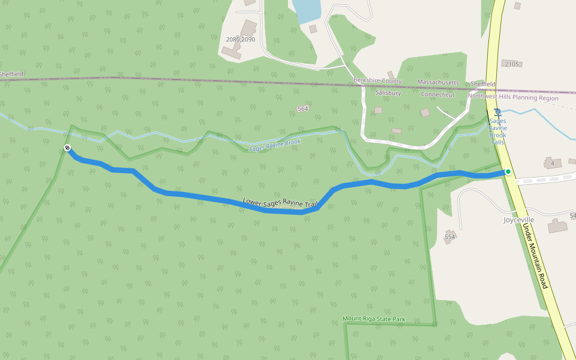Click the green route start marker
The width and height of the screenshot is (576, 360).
coord(508,172)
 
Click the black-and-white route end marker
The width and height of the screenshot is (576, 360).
coord(67,148)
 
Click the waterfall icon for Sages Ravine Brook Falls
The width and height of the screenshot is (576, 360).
coord(497,112)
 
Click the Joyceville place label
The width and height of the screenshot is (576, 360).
coord(518,220)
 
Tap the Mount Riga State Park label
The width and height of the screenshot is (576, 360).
coord(374,318)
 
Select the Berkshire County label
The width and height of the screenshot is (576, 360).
coord(377,81)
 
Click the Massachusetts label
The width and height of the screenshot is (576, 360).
coord(438,82)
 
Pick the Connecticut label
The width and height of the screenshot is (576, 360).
coord(437,95)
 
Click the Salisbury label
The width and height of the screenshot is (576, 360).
coord(388,93)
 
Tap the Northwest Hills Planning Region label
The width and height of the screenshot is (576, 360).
coord(513,97)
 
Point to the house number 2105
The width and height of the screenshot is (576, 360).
coord(511,64)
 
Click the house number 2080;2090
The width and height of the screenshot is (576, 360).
coord(241,40)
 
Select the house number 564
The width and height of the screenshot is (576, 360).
coord(302,109)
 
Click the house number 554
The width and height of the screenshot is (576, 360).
coord(450,238)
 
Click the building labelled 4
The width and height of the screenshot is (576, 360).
coord(553,163)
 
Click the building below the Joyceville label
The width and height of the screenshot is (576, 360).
coord(557,226)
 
